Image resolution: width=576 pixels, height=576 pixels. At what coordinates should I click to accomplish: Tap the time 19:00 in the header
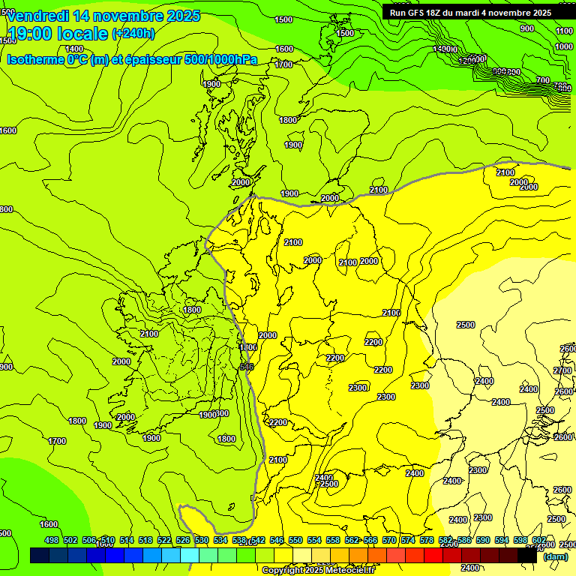[31, 33]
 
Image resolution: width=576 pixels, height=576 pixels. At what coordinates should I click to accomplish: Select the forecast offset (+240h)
[133, 33]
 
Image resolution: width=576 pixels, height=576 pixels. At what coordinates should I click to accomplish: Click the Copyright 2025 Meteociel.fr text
[319, 570]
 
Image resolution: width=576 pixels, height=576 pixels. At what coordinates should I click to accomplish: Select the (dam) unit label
[555, 556]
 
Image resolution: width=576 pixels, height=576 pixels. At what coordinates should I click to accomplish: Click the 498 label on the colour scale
[52, 540]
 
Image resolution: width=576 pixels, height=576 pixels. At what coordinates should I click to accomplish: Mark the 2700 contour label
[562, 370]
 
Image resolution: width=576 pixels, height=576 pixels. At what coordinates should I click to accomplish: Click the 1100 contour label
[565, 31]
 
